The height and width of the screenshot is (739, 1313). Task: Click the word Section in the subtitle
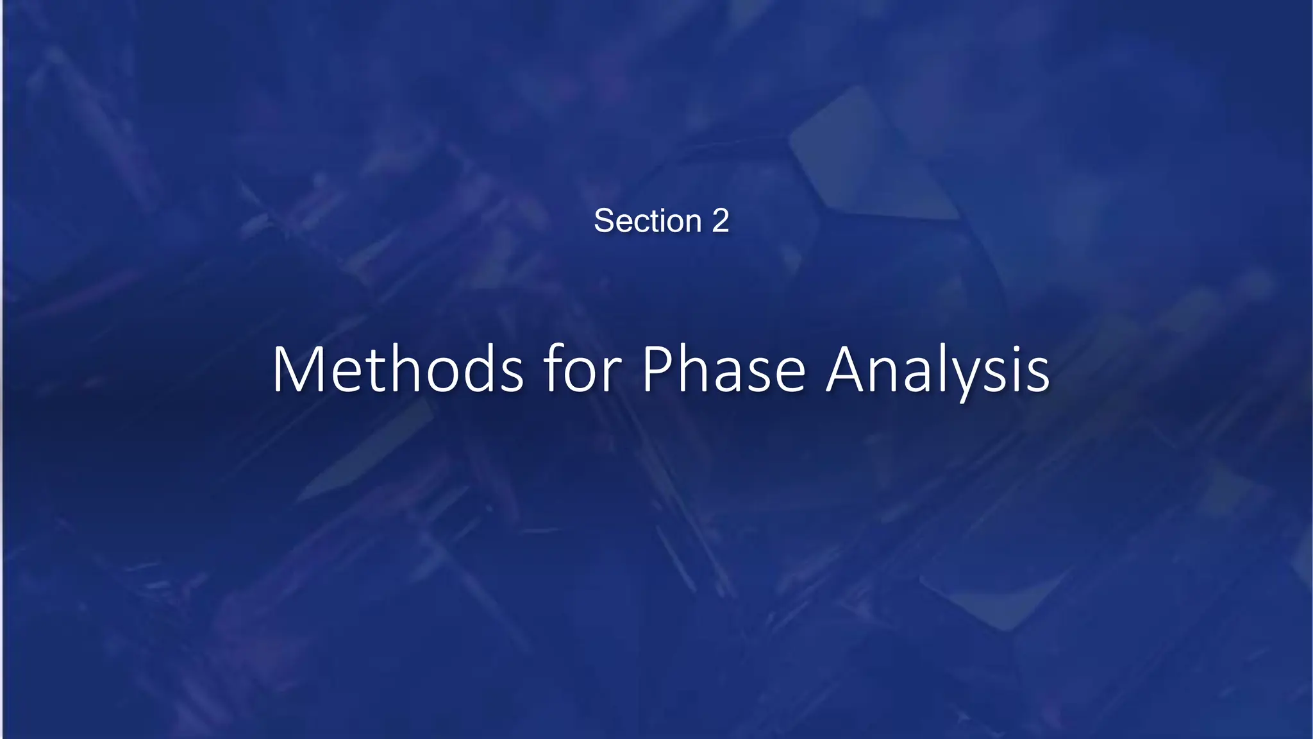click(x=648, y=221)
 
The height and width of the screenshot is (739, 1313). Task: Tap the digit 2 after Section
click(x=721, y=221)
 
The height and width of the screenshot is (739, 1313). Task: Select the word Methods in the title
click(x=398, y=370)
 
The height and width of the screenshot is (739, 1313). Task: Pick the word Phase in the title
click(x=724, y=370)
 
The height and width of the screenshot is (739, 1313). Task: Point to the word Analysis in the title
click(x=938, y=370)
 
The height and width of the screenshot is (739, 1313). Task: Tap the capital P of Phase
click(x=658, y=370)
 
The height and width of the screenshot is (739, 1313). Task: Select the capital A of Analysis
click(x=849, y=370)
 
